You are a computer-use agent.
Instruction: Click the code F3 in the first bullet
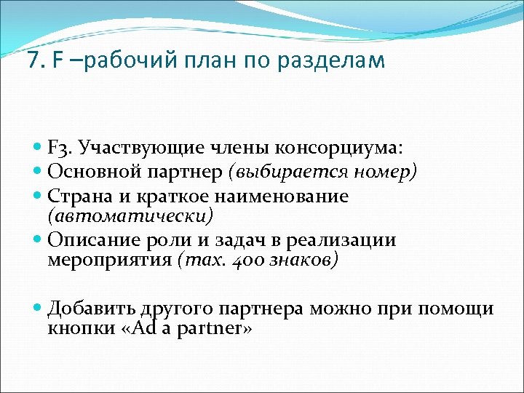coord(59,149)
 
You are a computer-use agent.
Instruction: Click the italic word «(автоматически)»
coord(130,215)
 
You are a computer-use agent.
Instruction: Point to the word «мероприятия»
coord(109,261)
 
